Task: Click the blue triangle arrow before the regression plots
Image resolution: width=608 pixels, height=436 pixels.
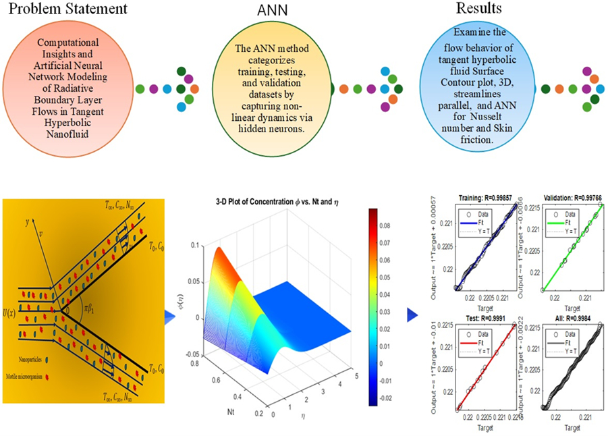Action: point(412,315)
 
